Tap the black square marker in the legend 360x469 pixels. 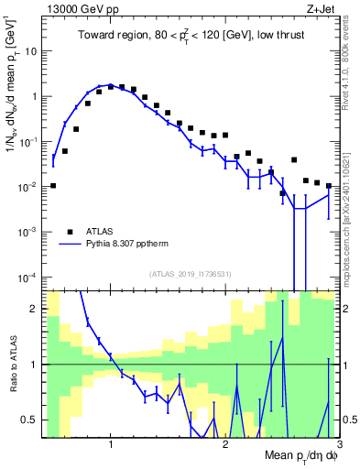[70, 232]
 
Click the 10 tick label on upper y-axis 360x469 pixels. [30, 51]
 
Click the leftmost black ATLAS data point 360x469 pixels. [53, 185]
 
